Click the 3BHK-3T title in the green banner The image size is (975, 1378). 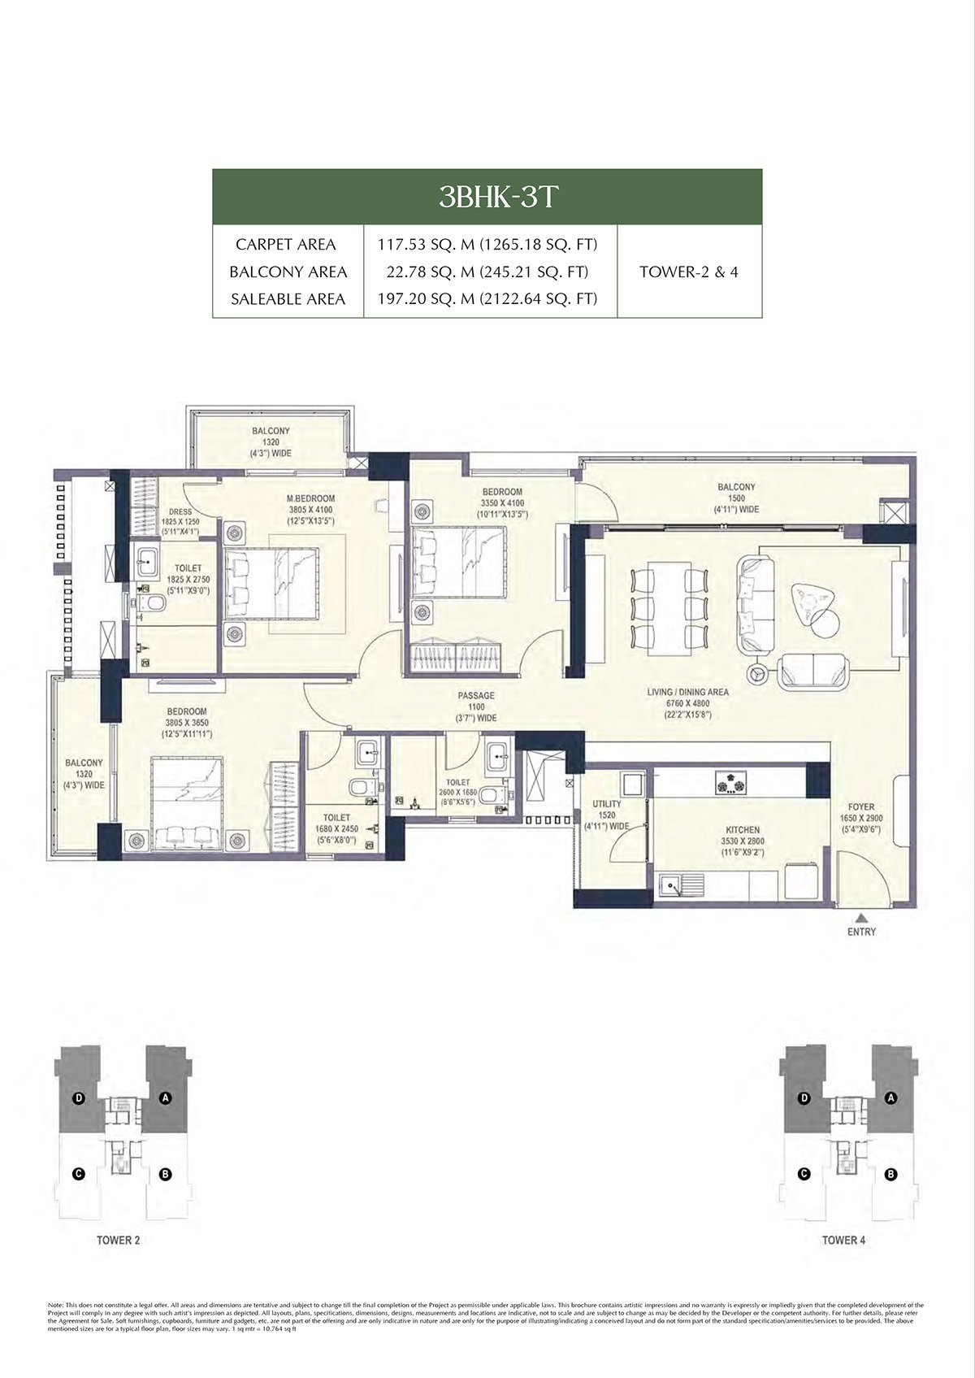tap(487, 198)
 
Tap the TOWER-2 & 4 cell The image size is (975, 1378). tap(688, 272)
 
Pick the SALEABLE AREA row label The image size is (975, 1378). tap(288, 299)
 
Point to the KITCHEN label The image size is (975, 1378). tap(743, 831)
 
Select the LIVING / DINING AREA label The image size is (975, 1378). tap(687, 693)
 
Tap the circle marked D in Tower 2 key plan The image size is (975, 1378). tap(79, 1098)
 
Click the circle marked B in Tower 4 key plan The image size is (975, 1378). tap(890, 1175)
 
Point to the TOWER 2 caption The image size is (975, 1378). tap(118, 1241)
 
